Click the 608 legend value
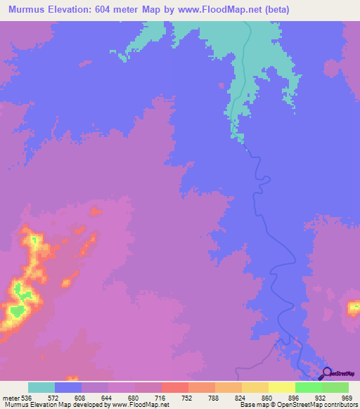(82, 397)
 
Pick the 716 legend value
(161, 397)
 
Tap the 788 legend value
(214, 397)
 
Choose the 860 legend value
(268, 397)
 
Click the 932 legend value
(321, 397)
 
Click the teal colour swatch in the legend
(41, 387)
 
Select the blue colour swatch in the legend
(68, 387)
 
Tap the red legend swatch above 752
(174, 387)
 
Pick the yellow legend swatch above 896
(281, 387)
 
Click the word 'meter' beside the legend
(9, 397)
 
